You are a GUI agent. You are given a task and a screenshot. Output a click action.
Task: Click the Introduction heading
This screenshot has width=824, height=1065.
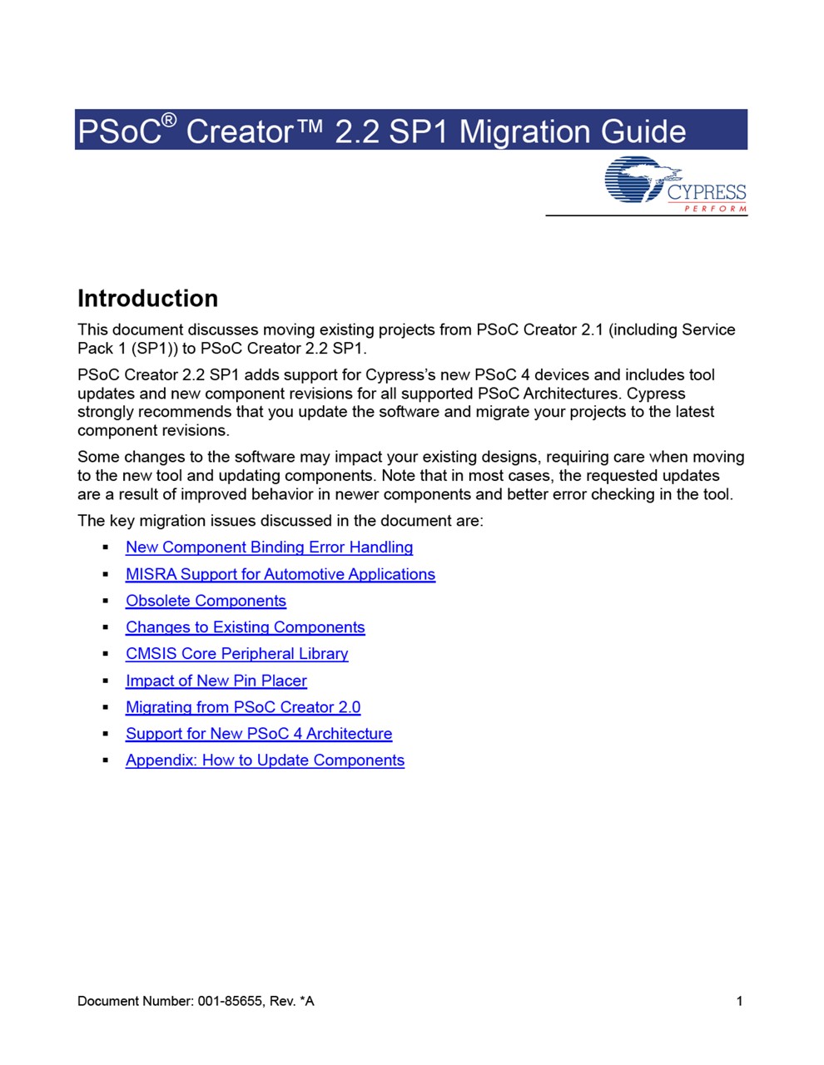tap(147, 299)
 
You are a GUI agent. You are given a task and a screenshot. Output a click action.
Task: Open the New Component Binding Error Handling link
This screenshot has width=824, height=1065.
tap(269, 547)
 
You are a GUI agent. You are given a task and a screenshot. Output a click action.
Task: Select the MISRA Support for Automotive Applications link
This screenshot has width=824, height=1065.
tap(280, 574)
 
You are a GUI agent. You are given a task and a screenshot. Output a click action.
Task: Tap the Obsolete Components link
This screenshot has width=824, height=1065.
tap(206, 601)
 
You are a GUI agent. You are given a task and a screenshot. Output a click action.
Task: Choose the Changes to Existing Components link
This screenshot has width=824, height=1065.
tap(245, 627)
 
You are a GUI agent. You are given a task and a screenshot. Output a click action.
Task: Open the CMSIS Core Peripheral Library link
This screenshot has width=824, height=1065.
tap(236, 654)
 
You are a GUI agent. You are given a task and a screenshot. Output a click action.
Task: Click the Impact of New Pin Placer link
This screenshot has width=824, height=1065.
tap(216, 681)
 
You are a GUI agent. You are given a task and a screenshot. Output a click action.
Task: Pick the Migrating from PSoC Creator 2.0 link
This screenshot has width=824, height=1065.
tap(242, 707)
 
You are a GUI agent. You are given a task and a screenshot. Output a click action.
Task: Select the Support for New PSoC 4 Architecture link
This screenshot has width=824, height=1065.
tap(258, 734)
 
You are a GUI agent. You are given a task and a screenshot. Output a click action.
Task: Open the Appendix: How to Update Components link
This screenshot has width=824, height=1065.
tap(265, 760)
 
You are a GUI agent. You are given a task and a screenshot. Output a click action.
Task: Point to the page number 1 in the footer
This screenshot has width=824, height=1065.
tap(739, 1001)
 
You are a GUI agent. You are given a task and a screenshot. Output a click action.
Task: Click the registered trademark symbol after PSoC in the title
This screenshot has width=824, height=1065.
tap(169, 121)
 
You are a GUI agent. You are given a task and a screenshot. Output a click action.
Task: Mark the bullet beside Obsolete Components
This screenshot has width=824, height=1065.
tap(106, 601)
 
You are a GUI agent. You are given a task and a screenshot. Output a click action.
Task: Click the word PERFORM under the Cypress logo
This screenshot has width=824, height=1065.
tap(715, 209)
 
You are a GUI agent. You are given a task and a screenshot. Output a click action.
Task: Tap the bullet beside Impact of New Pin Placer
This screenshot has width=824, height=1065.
tap(106, 681)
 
